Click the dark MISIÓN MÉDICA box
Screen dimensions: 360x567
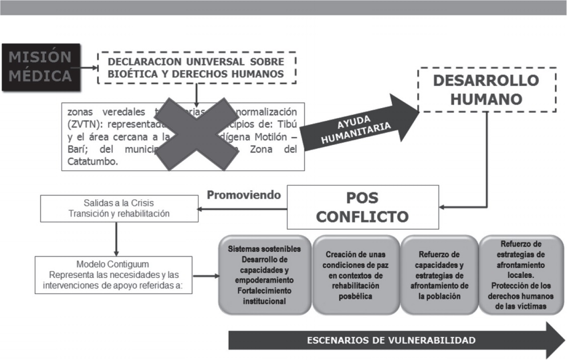[x=40, y=67]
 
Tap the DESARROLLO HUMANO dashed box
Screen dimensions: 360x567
[x=486, y=90]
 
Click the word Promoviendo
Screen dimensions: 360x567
[x=244, y=195]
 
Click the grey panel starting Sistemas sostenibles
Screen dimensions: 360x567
[x=264, y=275]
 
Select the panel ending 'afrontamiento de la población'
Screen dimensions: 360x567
[x=439, y=275]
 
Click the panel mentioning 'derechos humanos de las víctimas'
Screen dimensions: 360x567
[x=520, y=275]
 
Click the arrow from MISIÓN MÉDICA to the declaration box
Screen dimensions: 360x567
[x=85, y=67]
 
